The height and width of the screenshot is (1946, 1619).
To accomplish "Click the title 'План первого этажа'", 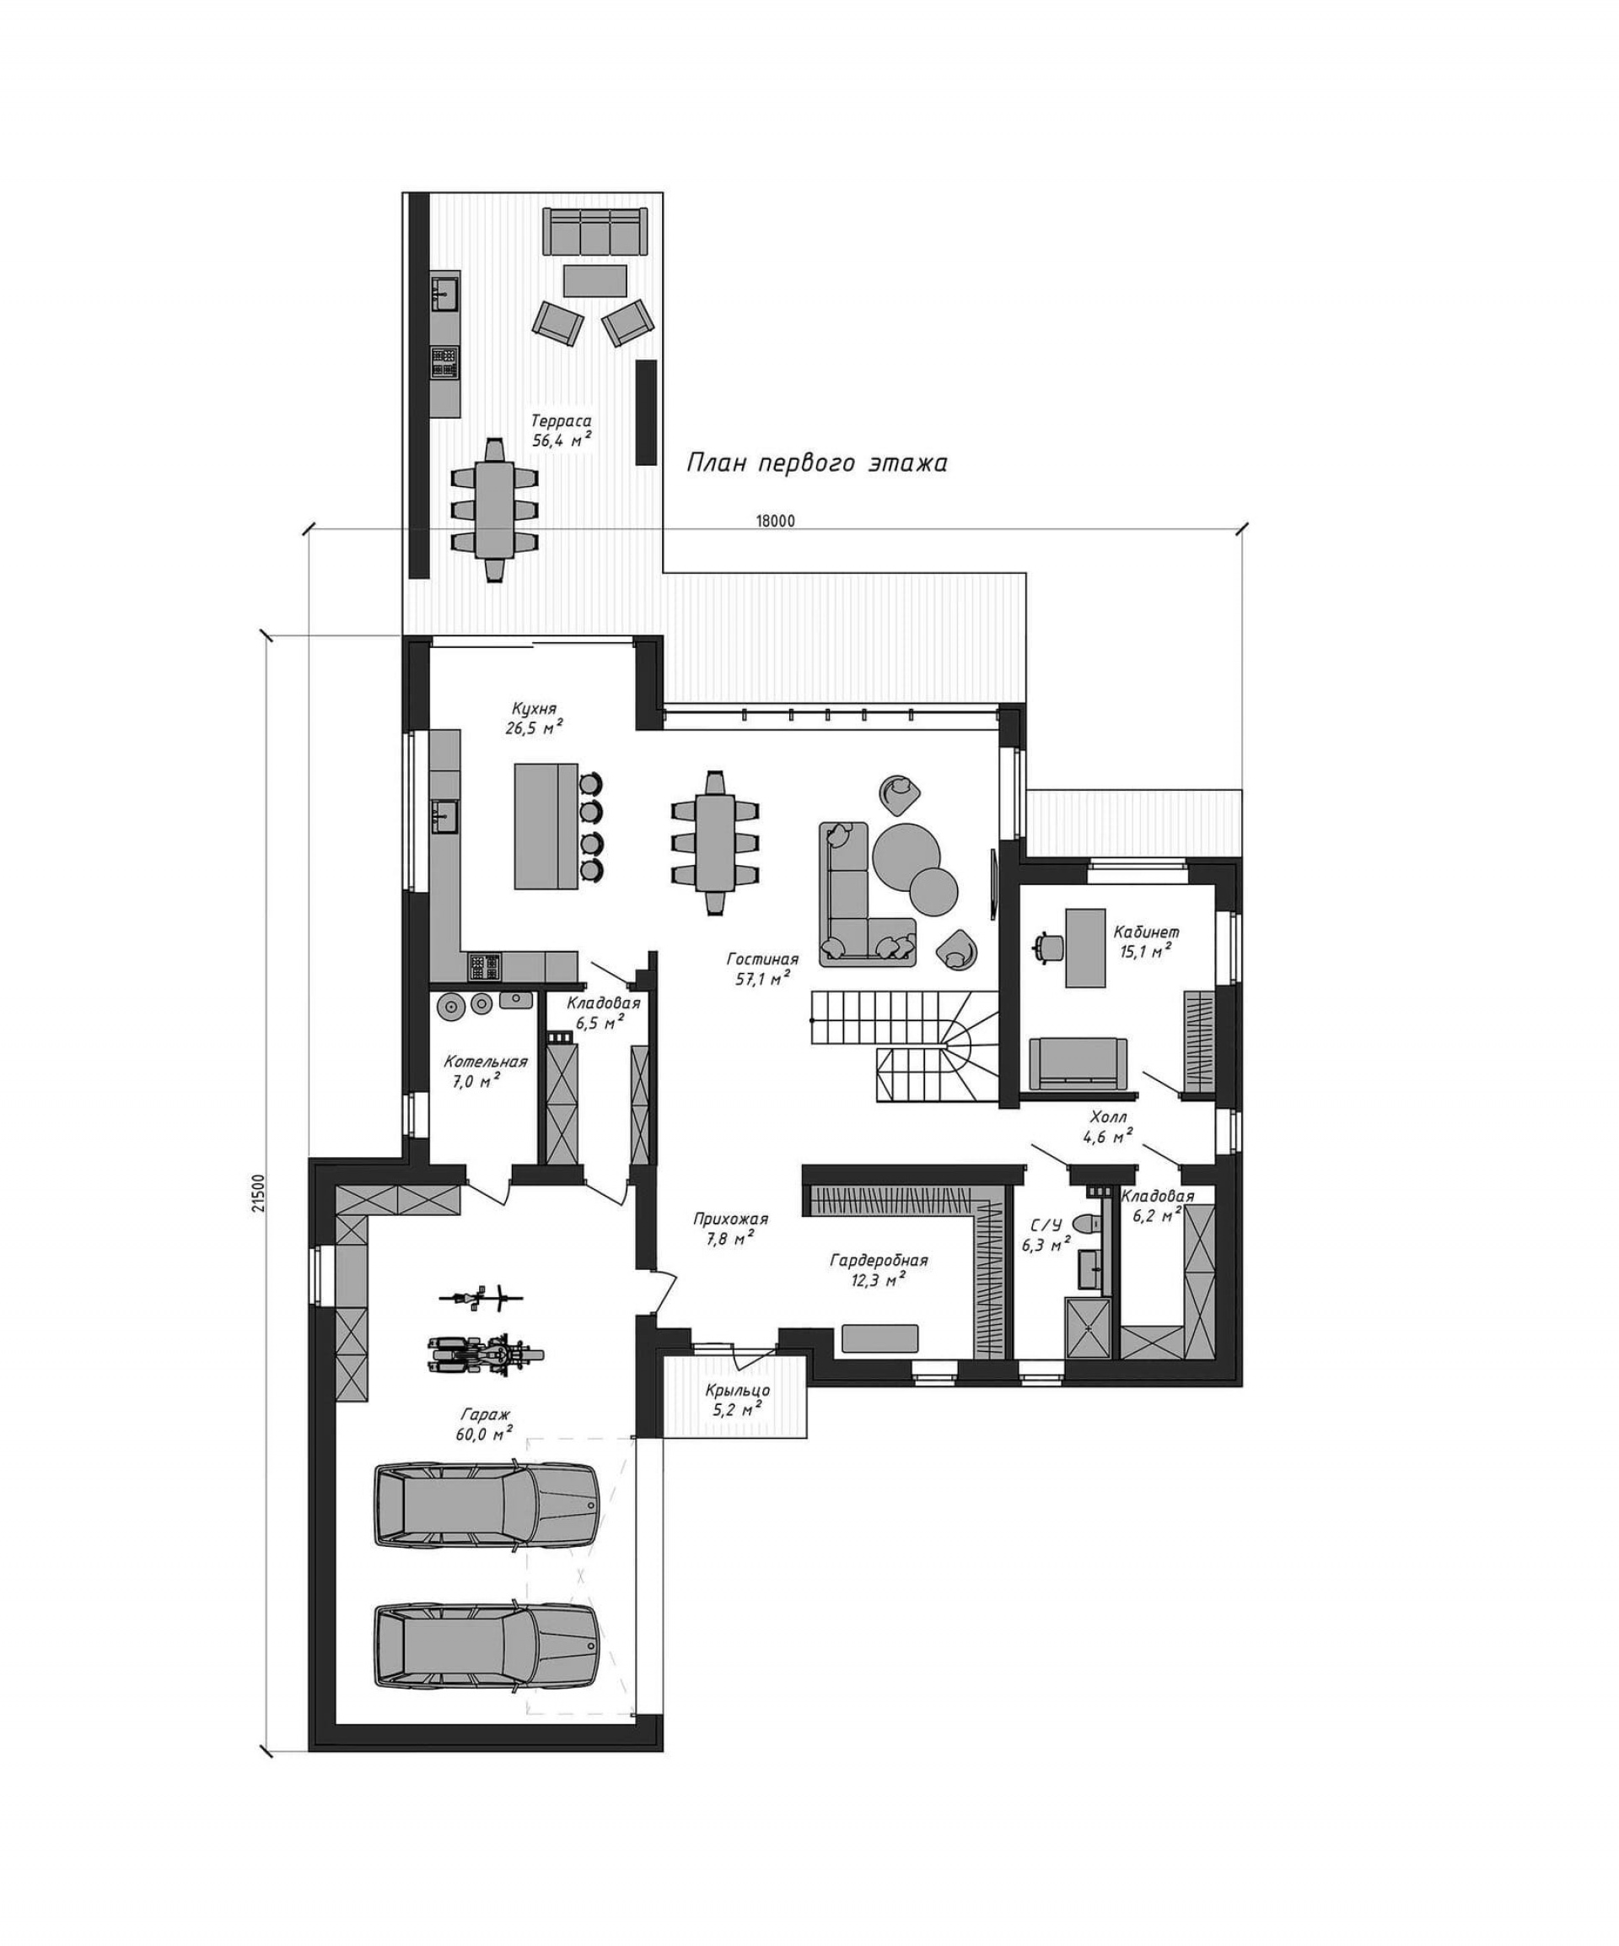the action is click(x=816, y=462).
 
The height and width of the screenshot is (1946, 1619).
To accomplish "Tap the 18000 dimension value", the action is click(x=775, y=521).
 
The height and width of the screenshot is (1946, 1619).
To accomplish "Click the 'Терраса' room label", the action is click(x=561, y=422).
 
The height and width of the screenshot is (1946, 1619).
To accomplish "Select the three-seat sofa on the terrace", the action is click(x=594, y=232).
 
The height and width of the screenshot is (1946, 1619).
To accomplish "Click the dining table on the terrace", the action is click(x=496, y=510).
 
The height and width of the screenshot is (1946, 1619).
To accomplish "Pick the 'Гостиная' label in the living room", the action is click(x=762, y=959).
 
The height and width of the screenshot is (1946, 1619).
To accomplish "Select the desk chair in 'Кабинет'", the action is click(x=1049, y=945).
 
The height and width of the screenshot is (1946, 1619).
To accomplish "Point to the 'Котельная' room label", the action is click(x=486, y=1062).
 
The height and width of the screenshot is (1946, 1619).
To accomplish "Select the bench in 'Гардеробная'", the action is click(x=879, y=1338).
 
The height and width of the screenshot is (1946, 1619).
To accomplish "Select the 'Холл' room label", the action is click(x=1108, y=1117).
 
